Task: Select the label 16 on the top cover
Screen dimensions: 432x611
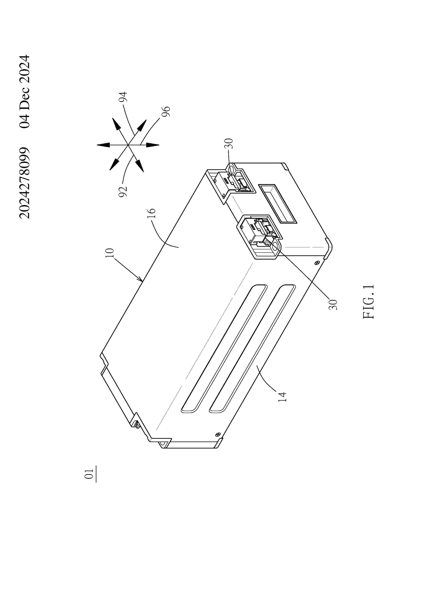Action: (151, 213)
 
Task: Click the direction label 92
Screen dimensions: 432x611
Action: (123, 192)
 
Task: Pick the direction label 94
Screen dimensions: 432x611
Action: (123, 97)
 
